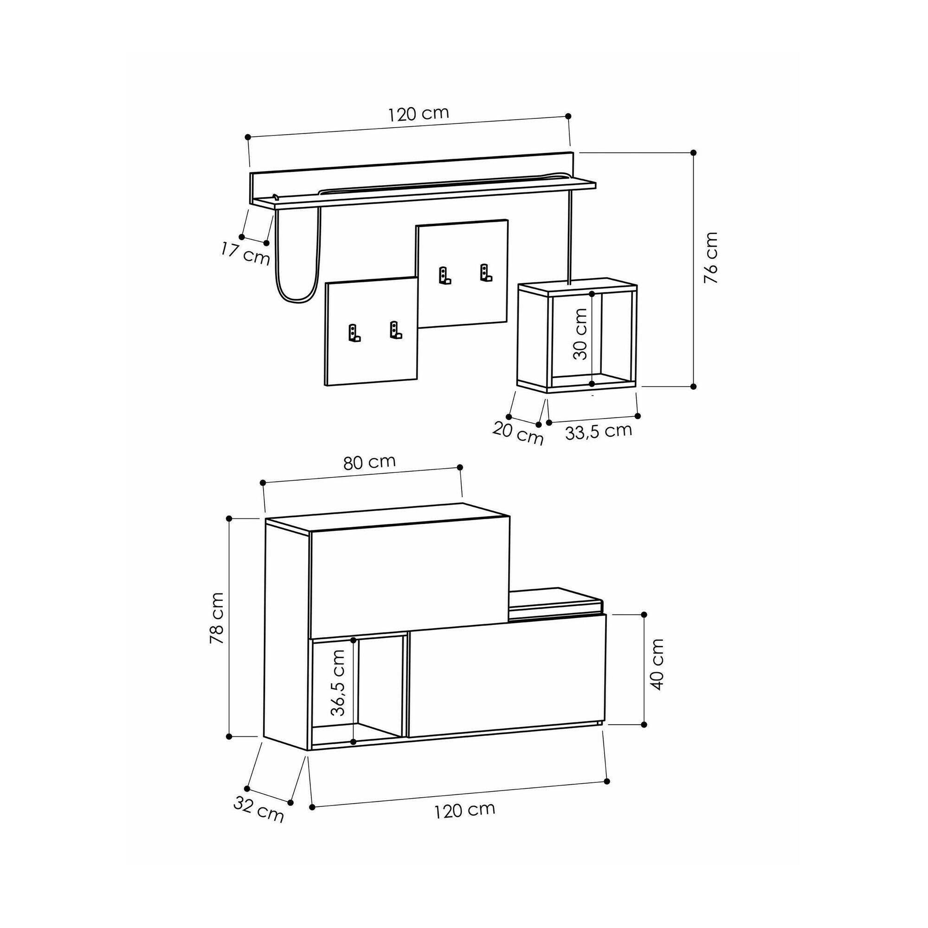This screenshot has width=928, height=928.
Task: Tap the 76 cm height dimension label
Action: (x=711, y=258)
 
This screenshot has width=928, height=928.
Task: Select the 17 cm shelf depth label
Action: (x=245, y=253)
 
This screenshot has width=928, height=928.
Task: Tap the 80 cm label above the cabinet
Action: (x=369, y=462)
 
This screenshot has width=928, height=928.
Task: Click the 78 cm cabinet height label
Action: (x=217, y=618)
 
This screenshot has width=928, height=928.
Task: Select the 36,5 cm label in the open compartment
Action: (x=339, y=683)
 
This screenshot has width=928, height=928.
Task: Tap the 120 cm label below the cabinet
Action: (x=464, y=810)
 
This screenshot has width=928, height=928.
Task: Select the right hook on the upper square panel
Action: (x=486, y=273)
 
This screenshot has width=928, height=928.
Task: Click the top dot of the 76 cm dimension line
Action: (x=693, y=153)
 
